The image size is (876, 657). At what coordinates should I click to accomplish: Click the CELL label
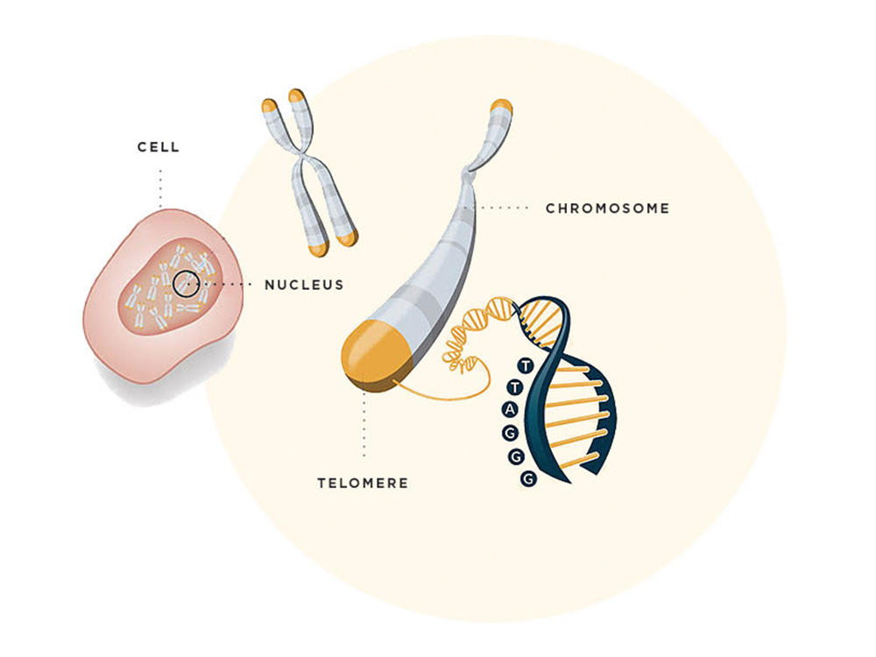pyautogui.click(x=159, y=147)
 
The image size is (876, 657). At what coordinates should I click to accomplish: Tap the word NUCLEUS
pyautogui.click(x=304, y=285)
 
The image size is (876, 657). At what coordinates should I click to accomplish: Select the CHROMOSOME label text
pyautogui.click(x=607, y=208)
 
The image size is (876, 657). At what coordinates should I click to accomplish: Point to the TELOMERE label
pyautogui.click(x=363, y=483)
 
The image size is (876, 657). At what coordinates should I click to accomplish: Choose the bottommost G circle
pyautogui.click(x=527, y=478)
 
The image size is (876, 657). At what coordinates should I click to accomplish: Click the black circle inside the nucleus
pyautogui.click(x=186, y=283)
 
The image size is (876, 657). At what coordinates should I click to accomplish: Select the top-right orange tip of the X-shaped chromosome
pyautogui.click(x=297, y=95)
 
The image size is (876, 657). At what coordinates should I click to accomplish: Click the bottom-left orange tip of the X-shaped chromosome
pyautogui.click(x=320, y=246)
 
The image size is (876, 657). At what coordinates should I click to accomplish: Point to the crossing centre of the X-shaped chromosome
pyautogui.click(x=304, y=163)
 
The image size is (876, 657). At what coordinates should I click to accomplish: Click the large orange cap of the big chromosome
pyautogui.click(x=371, y=354)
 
